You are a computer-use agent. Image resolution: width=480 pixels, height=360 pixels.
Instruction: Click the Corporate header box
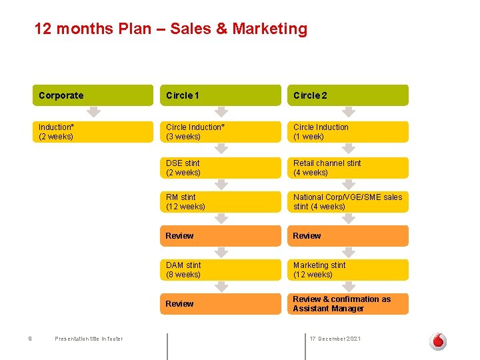click(93, 95)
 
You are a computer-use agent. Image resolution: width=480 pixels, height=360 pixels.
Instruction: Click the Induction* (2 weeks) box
click(93, 132)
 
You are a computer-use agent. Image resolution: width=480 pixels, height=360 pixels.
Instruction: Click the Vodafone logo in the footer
click(438, 341)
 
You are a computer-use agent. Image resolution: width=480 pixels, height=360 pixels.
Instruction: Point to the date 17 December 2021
click(335, 339)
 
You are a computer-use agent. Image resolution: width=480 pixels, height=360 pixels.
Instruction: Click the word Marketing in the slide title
click(270, 29)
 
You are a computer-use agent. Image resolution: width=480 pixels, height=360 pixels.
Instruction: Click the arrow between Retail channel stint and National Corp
click(349, 185)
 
